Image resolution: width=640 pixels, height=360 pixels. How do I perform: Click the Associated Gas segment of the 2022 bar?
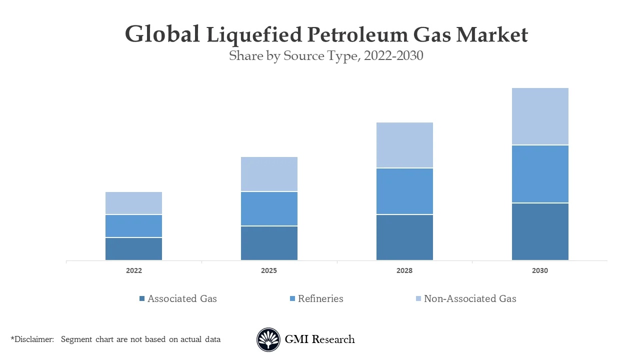point(133,249)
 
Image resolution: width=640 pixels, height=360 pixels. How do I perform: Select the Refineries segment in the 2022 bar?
point(133,226)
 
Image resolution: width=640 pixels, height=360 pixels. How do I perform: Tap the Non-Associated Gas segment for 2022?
point(133,203)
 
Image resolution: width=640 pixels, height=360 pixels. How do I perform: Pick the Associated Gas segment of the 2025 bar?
point(269,243)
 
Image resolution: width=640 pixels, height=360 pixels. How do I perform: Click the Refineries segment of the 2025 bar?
point(269,209)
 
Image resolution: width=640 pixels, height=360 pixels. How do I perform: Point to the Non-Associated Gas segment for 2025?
point(269,174)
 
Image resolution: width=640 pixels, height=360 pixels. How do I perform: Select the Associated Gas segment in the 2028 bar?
point(404,237)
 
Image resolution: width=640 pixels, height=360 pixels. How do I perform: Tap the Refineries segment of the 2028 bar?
point(404,191)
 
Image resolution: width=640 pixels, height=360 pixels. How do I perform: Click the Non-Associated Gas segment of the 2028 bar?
point(404,145)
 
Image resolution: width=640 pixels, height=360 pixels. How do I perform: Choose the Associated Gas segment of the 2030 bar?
point(540,231)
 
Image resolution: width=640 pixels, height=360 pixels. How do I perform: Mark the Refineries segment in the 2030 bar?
point(540,174)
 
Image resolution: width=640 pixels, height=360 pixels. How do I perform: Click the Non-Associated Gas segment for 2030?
point(540,116)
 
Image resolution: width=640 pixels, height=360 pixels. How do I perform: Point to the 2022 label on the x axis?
point(133,270)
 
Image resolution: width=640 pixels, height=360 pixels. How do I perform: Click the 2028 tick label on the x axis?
point(404,270)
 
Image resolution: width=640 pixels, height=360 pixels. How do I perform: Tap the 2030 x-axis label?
point(540,270)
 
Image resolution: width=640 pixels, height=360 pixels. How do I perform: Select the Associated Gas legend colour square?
point(142,298)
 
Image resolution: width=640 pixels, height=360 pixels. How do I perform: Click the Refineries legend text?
point(320,298)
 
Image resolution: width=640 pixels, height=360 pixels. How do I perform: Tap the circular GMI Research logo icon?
point(268,339)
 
